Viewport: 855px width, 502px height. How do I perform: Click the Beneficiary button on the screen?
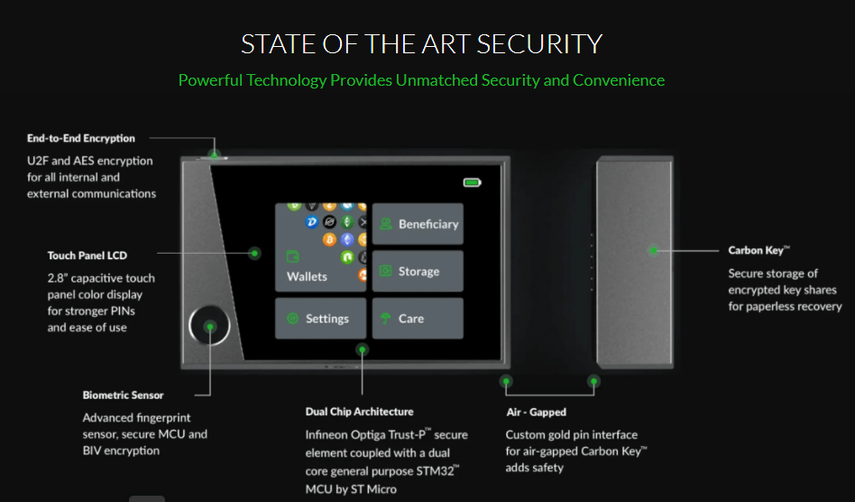tap(418, 224)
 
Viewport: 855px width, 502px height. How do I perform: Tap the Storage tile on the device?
tap(418, 271)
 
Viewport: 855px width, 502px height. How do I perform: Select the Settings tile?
tap(321, 318)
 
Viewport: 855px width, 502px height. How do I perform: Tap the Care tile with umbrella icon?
tap(418, 318)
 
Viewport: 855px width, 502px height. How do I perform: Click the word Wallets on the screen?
tap(307, 276)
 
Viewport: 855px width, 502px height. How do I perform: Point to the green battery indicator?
tap(473, 182)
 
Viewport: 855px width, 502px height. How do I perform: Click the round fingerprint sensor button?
tap(209, 326)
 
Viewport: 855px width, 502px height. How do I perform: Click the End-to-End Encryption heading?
tap(80, 138)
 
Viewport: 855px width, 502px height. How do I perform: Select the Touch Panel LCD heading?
tap(87, 256)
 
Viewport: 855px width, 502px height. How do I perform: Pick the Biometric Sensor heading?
tap(124, 395)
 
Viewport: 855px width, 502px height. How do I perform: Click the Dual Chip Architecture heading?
tap(359, 412)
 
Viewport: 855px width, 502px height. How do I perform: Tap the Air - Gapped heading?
tap(536, 412)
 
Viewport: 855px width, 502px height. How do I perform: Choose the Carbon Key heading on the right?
tap(758, 250)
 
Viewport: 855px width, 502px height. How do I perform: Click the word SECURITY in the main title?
tap(540, 44)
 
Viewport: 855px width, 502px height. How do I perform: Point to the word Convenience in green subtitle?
tap(619, 80)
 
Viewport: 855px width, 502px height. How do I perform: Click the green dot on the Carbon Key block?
tap(653, 250)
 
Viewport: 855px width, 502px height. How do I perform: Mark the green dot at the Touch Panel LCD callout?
tap(254, 253)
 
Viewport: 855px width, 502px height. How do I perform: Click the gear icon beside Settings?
tap(293, 318)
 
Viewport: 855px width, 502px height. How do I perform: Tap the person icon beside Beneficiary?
tap(386, 224)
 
